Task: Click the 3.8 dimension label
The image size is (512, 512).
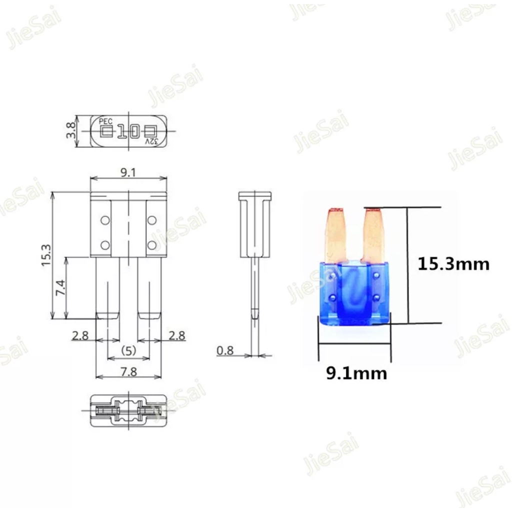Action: tap(71, 129)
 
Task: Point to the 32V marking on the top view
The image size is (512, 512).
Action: tap(151, 141)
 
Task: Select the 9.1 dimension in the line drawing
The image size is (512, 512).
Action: tap(128, 172)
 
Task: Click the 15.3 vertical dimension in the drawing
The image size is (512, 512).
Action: tap(46, 255)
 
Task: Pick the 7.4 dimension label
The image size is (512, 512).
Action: tap(60, 287)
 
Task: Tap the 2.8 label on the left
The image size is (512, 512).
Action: tap(80, 335)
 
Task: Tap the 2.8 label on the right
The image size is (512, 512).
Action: tap(176, 335)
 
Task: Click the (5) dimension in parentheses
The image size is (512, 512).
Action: tap(128, 351)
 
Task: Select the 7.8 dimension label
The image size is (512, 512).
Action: tap(128, 371)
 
